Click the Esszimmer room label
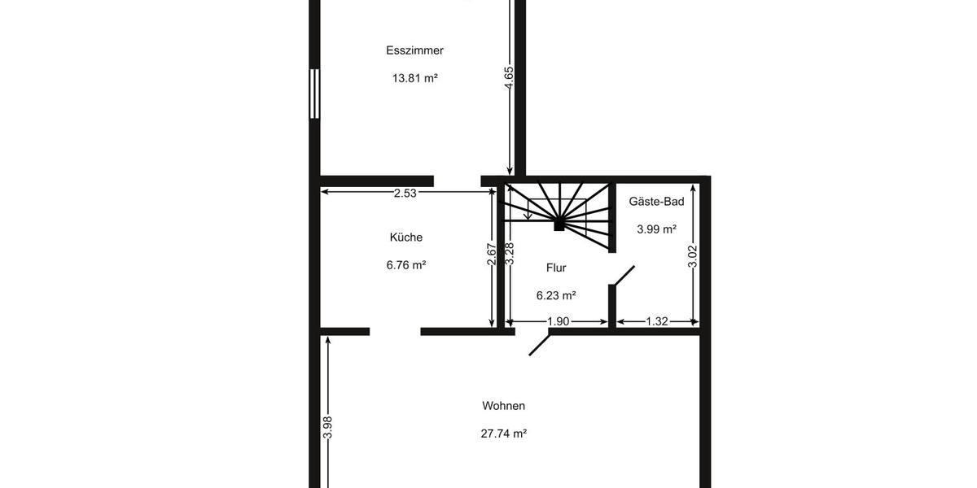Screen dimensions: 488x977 (414, 50)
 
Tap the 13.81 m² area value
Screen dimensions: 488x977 (414, 79)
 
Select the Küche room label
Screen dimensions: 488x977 (405, 237)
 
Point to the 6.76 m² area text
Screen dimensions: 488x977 (405, 265)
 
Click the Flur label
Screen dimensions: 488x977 (556, 268)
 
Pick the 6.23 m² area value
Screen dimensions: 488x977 (556, 296)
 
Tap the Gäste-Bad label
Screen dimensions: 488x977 (656, 202)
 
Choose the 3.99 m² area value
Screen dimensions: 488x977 (656, 229)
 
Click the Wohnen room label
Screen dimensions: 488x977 (503, 406)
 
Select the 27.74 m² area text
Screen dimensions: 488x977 (503, 434)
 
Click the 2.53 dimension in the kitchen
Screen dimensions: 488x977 (405, 193)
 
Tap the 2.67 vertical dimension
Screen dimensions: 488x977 (491, 255)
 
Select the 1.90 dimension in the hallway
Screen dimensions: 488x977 (559, 321)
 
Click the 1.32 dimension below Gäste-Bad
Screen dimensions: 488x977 (656, 321)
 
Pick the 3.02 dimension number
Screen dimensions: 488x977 (693, 256)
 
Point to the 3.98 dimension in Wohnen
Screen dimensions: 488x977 (327, 428)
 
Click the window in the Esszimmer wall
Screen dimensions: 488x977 (314, 94)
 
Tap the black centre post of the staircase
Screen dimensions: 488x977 (559, 225)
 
